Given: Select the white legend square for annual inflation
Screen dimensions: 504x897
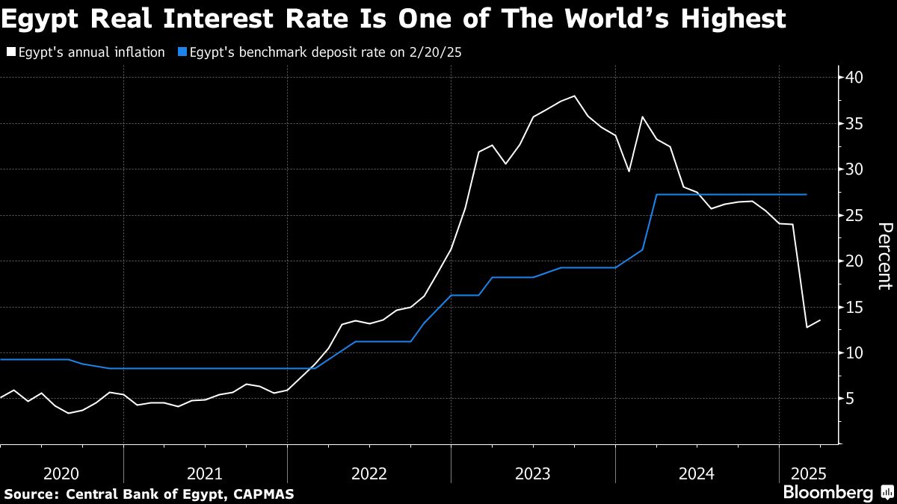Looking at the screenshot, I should [x=10, y=52].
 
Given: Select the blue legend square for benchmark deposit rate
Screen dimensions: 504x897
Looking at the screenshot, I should [x=181, y=52].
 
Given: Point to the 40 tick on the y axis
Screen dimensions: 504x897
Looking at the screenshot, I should [x=855, y=78].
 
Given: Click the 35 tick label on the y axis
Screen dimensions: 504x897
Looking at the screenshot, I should [x=855, y=124].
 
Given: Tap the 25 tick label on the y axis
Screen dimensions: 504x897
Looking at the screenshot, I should [x=855, y=216].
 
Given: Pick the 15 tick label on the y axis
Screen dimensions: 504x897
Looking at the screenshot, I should [x=855, y=308].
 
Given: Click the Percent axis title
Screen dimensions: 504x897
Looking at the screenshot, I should [x=884, y=255].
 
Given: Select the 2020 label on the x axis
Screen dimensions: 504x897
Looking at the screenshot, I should [x=61, y=473].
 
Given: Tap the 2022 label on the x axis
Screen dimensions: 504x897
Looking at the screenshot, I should [x=369, y=473].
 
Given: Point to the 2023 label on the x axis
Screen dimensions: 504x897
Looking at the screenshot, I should [x=533, y=473].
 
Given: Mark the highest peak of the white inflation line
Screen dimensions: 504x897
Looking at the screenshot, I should [x=574, y=96].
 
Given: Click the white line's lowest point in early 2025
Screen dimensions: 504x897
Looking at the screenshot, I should [x=807, y=327].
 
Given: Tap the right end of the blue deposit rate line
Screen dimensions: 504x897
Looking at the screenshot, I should [x=807, y=194].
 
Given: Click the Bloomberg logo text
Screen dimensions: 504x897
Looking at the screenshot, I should [x=827, y=493].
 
